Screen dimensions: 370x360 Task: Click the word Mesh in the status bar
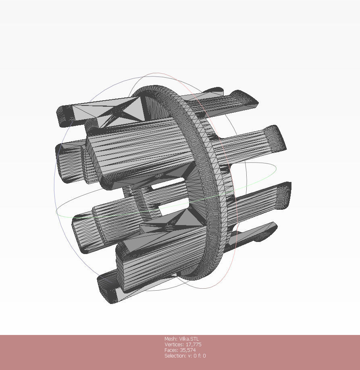(170, 339)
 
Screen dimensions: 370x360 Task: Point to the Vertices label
(174, 345)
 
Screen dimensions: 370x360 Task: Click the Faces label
(171, 350)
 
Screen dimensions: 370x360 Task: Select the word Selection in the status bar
(175, 356)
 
